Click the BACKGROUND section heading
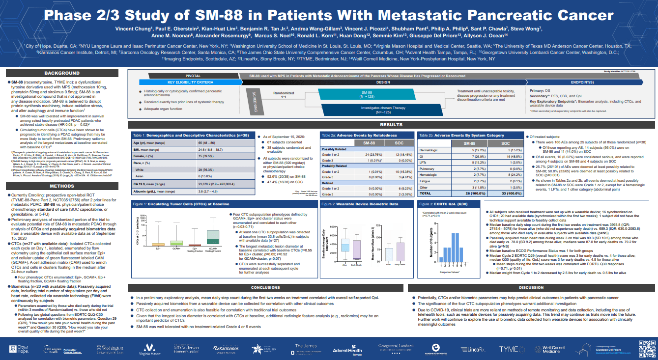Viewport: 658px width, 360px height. click(62, 73)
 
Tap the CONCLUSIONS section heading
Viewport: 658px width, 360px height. click(265, 287)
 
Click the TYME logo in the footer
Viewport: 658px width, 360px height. click(509, 349)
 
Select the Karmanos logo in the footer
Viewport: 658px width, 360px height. click(226, 349)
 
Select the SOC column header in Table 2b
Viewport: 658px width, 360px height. click(506, 143)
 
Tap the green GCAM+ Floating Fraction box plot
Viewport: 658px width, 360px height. click(213, 238)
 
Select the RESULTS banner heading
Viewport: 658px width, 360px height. click(392, 125)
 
